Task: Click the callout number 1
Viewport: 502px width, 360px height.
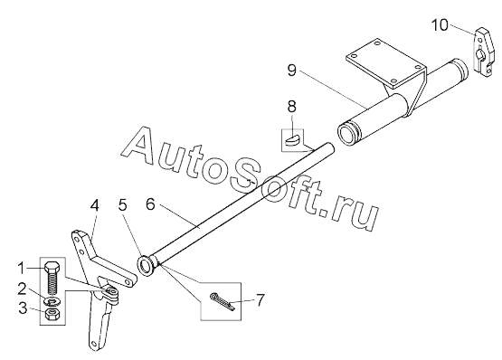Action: (21, 268)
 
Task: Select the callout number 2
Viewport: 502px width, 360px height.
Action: (22, 289)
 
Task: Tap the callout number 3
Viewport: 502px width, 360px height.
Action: (23, 308)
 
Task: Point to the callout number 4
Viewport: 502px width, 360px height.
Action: (94, 205)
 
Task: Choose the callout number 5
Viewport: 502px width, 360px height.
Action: (123, 205)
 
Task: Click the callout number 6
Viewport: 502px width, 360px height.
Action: (150, 204)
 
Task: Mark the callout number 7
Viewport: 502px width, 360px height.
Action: (260, 300)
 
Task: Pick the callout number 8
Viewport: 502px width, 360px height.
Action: (292, 107)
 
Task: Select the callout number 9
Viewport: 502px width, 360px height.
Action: (291, 71)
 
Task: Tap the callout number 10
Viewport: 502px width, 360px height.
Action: (440, 25)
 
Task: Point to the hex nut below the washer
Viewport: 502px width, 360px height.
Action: (52, 315)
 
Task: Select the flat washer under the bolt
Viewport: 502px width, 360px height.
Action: (52, 301)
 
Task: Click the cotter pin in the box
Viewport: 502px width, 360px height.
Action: (223, 301)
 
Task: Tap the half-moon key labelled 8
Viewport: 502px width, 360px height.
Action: (292, 140)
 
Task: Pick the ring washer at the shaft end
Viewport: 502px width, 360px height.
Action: (146, 266)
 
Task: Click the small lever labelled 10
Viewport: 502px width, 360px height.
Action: (483, 52)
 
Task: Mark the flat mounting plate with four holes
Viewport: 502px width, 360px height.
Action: (386, 63)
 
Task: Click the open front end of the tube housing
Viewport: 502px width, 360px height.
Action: (347, 135)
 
